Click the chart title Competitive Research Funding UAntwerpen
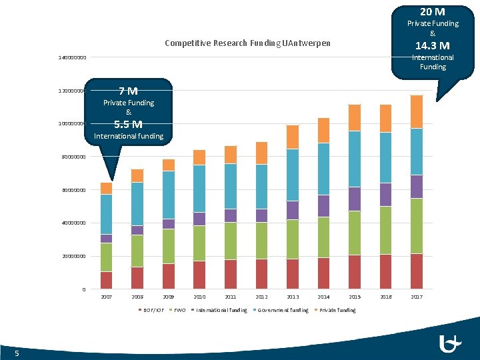pos(247,44)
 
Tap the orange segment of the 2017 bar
pos(417,111)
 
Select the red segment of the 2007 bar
pos(106,280)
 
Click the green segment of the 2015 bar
pos(354,233)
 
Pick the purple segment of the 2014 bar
pos(323,206)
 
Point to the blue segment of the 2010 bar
pos(199,189)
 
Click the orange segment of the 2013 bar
pos(293,137)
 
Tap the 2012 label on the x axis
pos(261,297)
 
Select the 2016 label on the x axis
pos(385,297)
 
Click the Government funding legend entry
pos(283,310)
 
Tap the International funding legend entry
pos(223,310)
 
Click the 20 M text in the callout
pos(432,11)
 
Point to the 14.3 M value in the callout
pos(432,45)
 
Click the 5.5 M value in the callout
pos(127,124)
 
